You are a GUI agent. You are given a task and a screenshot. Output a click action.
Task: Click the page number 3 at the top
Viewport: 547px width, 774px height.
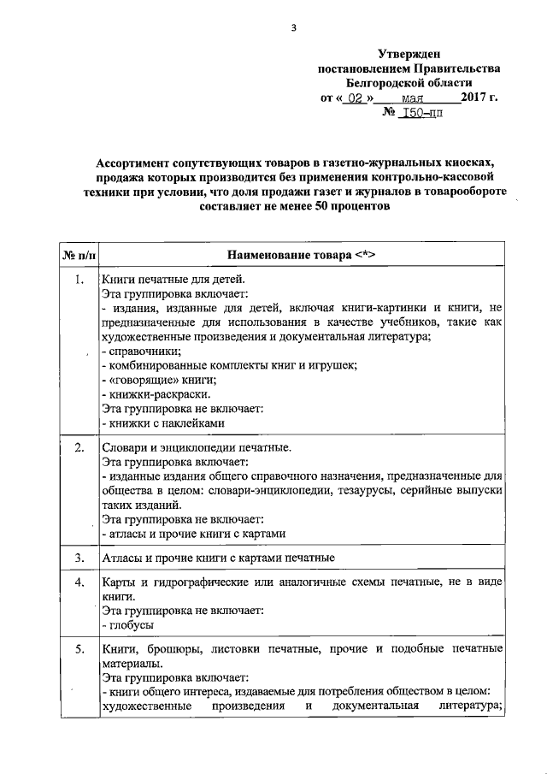point(292,27)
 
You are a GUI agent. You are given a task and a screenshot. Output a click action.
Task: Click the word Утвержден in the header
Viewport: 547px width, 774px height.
point(409,54)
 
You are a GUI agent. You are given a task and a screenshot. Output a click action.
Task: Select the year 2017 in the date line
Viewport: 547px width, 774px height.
point(473,97)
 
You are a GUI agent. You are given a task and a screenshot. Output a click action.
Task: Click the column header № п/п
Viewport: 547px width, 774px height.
point(78,256)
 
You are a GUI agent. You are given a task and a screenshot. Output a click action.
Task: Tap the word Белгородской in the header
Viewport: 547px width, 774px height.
point(382,83)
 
